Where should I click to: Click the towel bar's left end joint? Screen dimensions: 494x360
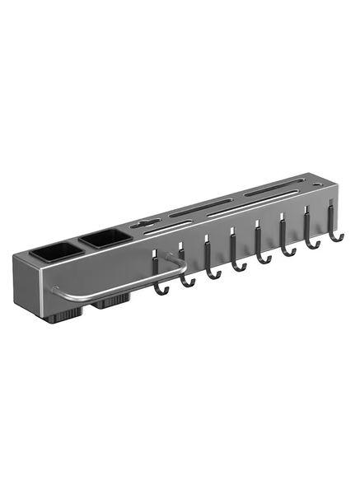56,290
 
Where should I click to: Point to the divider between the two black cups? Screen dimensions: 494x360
81,245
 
